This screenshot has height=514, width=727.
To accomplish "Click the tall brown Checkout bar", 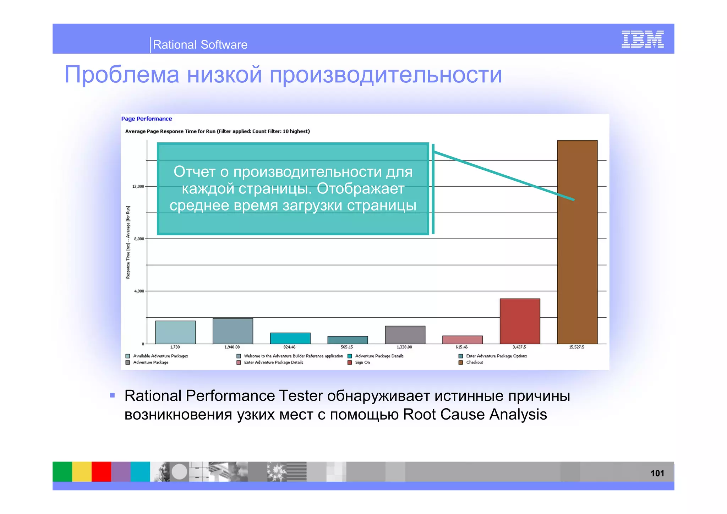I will click(577, 248).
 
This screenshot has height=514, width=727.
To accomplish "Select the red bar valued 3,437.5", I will click(520, 321).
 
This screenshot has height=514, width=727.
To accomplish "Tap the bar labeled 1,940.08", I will click(233, 331).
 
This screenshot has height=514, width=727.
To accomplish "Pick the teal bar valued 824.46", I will click(290, 338).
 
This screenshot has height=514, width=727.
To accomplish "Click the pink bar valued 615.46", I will click(462, 340).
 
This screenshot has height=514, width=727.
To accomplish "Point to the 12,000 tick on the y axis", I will click(138, 186).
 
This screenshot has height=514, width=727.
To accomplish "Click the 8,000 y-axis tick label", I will click(139, 239).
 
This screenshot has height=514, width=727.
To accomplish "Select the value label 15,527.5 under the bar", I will click(576, 347).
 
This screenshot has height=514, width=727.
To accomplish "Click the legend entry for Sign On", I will click(362, 362).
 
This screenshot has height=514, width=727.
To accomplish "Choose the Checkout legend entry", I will click(474, 362).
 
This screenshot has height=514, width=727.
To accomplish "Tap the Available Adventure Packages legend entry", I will click(160, 356).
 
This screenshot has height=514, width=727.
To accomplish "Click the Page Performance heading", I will click(146, 119).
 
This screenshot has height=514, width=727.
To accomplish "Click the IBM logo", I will click(642, 39).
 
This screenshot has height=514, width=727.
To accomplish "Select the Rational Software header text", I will click(200, 45).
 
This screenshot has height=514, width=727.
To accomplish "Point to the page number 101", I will click(657, 473).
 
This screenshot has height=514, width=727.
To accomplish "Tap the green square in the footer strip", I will click(62, 471).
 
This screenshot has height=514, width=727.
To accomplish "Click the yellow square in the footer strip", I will click(82, 471).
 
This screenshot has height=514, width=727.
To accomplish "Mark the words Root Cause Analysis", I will click(475, 415).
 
